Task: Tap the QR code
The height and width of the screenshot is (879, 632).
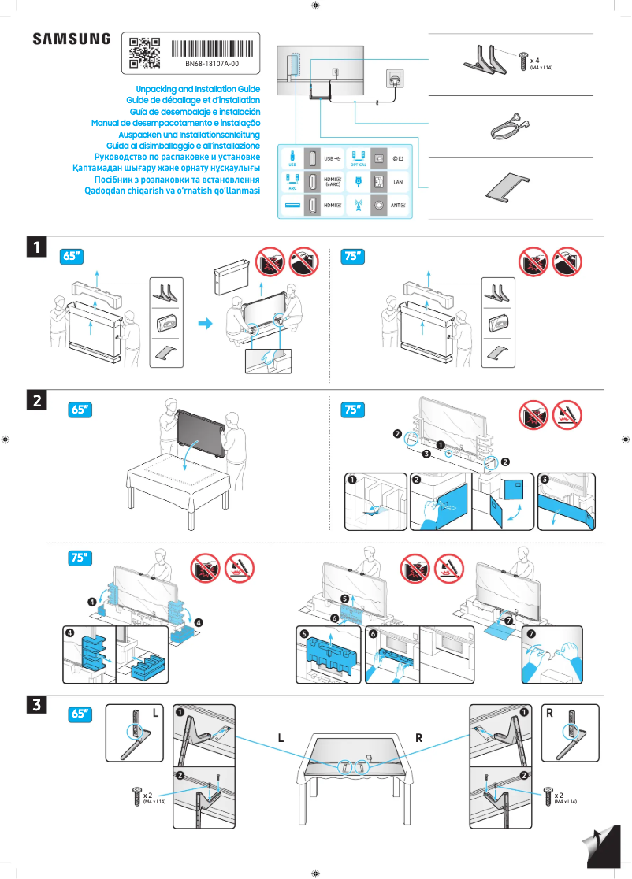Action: (x=144, y=52)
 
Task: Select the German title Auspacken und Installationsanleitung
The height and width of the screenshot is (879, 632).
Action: (x=183, y=135)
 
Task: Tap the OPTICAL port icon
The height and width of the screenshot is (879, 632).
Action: (x=358, y=158)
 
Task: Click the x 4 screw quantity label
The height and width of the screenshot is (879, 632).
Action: (x=535, y=60)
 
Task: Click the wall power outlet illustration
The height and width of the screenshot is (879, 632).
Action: (x=394, y=80)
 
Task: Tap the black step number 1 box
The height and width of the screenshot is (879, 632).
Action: (x=36, y=247)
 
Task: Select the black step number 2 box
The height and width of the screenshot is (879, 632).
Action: (x=36, y=400)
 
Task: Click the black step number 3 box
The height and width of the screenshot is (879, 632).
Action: (x=36, y=705)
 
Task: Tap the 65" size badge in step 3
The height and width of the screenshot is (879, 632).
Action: (x=81, y=714)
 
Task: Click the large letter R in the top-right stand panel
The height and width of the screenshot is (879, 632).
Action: (x=549, y=714)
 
